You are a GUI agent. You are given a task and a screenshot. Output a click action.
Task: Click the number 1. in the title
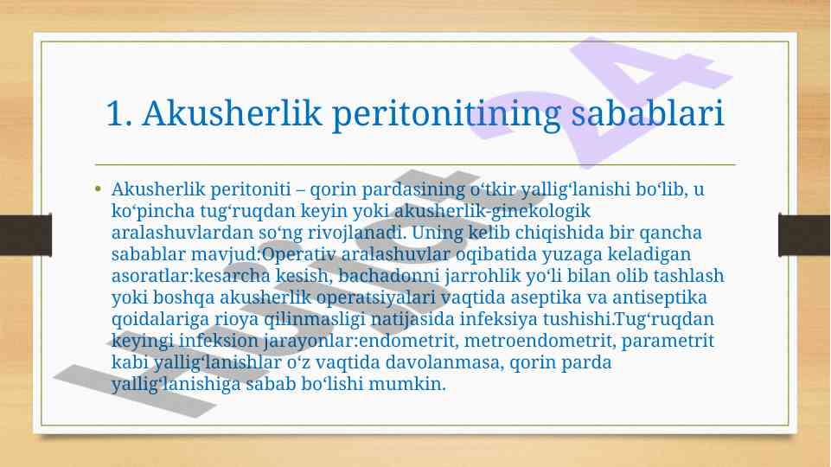118,113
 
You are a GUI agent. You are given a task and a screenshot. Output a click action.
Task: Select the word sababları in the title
648,113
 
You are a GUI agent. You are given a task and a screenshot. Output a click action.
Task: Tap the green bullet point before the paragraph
98,189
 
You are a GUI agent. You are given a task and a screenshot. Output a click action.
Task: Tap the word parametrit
668,341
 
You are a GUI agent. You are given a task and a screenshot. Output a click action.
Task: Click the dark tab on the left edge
25,235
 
